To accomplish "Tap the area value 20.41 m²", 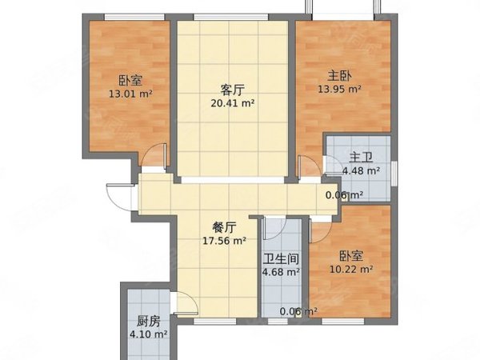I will click(x=232, y=102).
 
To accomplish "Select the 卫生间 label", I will click(x=281, y=258).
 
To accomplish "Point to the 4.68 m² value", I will click(x=281, y=271).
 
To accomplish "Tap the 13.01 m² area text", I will click(x=130, y=93).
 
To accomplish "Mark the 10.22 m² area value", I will click(x=351, y=269).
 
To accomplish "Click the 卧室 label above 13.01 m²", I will click(x=130, y=80).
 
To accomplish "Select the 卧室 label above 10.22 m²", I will click(x=351, y=256).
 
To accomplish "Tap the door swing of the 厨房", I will click(x=185, y=305).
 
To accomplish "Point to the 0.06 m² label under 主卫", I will click(x=344, y=194).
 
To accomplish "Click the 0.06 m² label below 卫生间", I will click(x=298, y=312).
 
